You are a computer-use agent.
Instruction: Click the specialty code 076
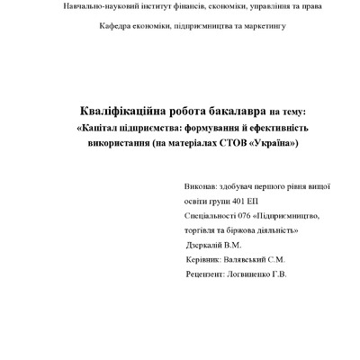pyautogui.click(x=238, y=216)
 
